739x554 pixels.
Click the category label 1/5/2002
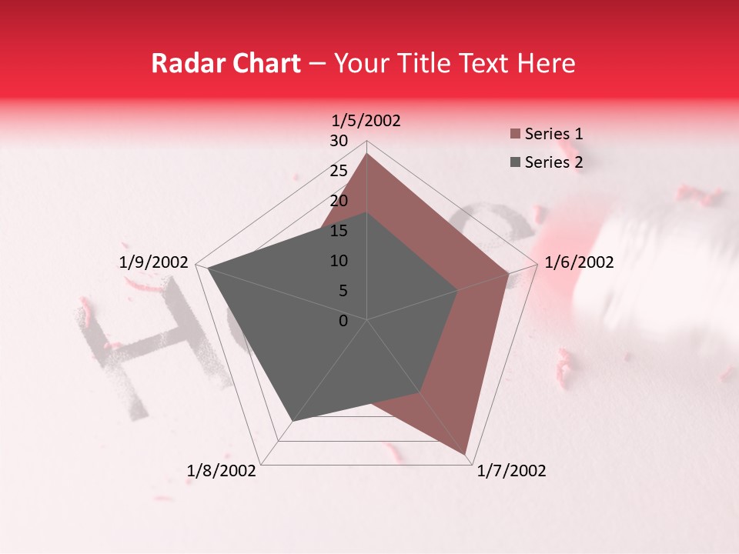pos(366,121)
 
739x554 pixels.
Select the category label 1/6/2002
pos(579,262)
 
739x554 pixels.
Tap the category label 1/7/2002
pos(511,471)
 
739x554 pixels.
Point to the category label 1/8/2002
pos(222,471)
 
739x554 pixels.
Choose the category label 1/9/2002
pos(153,262)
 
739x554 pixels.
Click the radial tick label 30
pos(339,141)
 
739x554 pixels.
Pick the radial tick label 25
pos(339,171)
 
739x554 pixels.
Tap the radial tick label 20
pos(339,201)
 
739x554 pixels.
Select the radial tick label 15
pos(339,231)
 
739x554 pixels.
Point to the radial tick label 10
pos(339,261)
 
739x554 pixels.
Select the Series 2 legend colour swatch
pos(515,162)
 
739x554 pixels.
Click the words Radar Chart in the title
pos(226,63)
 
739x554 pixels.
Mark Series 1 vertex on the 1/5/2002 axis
pos(367,154)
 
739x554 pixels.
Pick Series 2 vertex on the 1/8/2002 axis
pos(292,421)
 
